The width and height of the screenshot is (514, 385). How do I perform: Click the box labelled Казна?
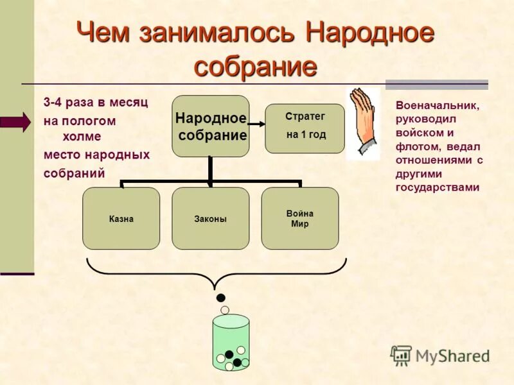point(121,218)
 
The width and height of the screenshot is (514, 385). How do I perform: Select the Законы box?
point(210,218)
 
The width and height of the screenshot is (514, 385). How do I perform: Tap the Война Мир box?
point(299,218)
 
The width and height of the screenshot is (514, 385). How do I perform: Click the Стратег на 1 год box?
point(305,128)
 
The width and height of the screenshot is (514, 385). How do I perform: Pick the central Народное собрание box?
point(210,126)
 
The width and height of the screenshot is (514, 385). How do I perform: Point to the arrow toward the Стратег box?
point(256,123)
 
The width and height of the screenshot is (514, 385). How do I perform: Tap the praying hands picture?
point(364,123)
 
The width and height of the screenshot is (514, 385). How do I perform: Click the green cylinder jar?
point(231,342)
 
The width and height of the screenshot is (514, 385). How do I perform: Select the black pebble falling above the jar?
point(221,297)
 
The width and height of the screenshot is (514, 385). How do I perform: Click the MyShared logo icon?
point(402,355)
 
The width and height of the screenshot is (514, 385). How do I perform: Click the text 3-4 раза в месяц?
point(96,103)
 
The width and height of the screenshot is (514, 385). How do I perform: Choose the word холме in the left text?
point(82,136)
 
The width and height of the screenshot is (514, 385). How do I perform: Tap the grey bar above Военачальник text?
point(436,84)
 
